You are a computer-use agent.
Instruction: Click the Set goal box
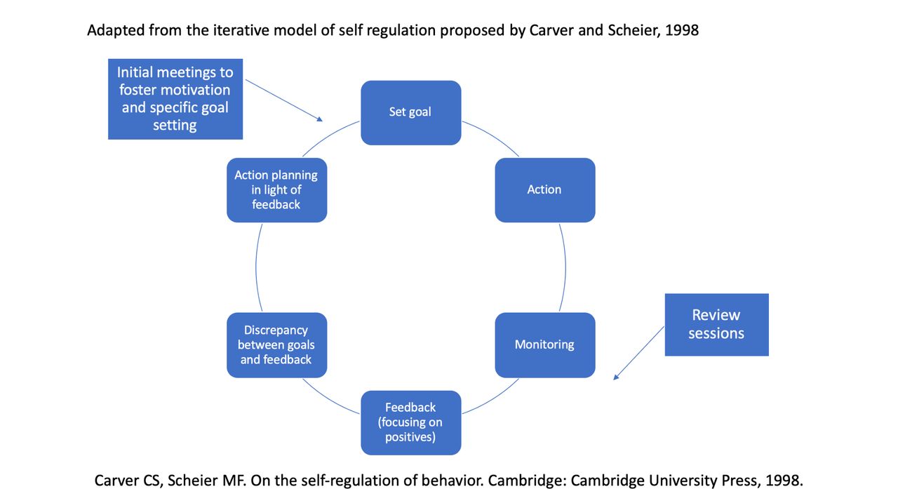(411, 113)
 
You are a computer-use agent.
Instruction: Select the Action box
(545, 190)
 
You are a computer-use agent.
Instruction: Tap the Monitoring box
(545, 345)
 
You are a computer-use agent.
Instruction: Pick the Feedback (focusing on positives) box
(411, 422)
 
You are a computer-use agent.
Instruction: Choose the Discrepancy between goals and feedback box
(277, 345)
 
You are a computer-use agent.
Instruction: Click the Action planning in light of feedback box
(277, 190)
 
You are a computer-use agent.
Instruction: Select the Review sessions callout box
(717, 325)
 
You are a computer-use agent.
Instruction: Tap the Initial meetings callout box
(175, 99)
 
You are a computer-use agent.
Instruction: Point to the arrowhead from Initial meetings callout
(320, 119)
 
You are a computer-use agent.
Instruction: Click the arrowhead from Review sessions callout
(616, 377)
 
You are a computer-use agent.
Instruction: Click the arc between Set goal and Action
(493, 135)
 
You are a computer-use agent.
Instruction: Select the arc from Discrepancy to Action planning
(256, 267)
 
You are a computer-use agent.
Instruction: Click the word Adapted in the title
(116, 30)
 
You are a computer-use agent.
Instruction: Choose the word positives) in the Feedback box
(410, 437)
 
